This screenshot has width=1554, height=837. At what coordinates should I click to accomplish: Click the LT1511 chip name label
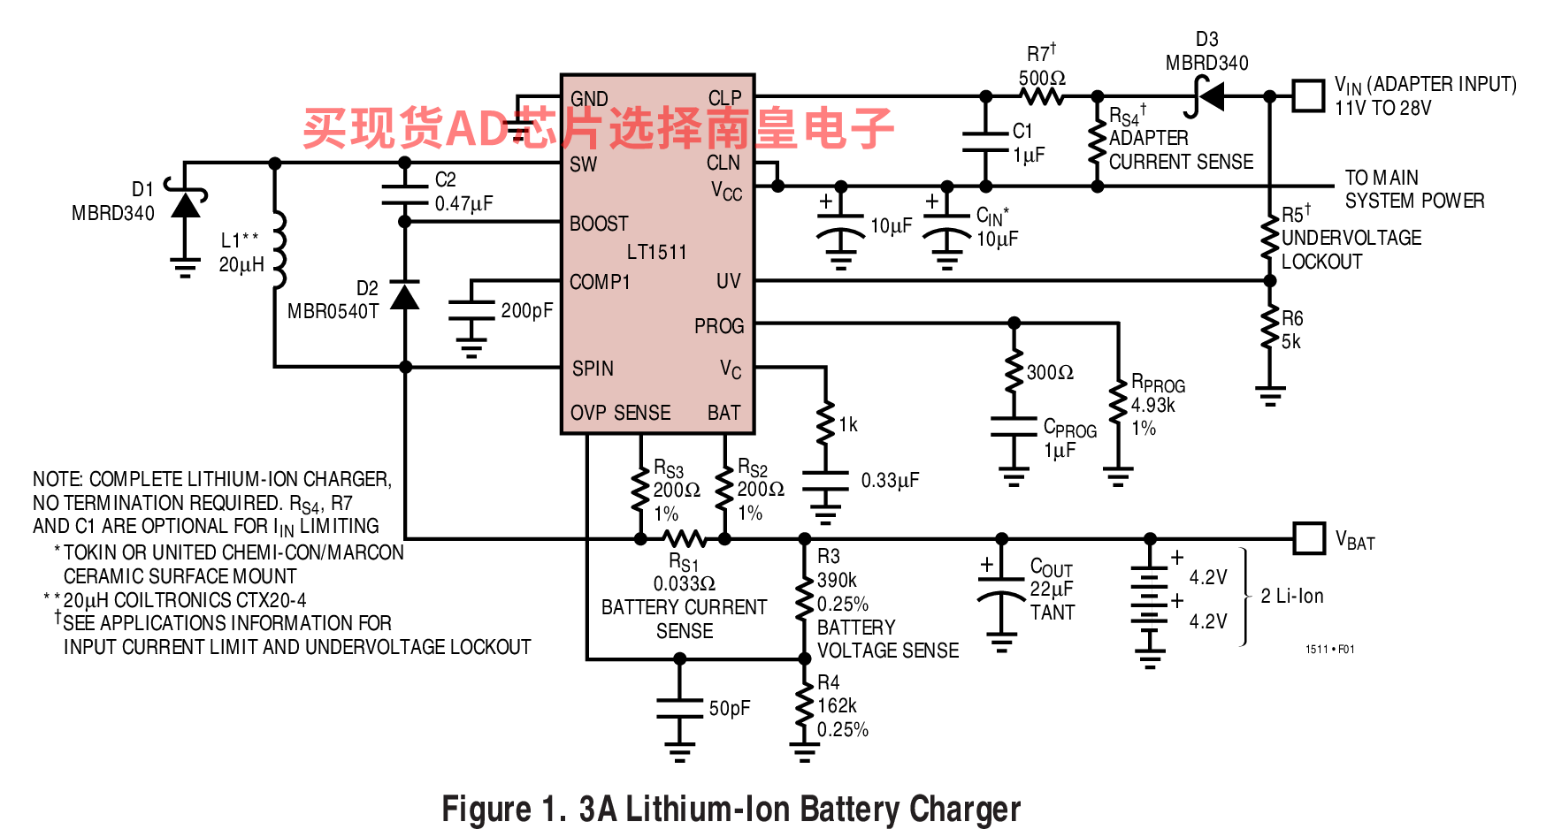pyautogui.click(x=656, y=252)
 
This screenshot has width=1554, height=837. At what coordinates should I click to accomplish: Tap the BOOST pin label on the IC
pyautogui.click(x=599, y=224)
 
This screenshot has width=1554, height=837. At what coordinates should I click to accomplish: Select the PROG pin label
pyautogui.click(x=718, y=326)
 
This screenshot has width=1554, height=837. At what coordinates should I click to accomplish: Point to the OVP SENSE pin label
pyautogui.click(x=620, y=413)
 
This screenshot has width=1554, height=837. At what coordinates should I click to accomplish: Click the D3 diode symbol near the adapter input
pyautogui.click(x=1208, y=96)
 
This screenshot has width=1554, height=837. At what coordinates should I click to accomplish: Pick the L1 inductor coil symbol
pyautogui.click(x=279, y=250)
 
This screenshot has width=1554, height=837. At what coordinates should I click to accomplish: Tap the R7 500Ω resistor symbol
pyautogui.click(x=1042, y=96)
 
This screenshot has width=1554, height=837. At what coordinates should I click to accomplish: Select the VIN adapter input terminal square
pyautogui.click(x=1308, y=96)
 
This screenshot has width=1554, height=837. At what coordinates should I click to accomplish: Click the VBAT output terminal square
pyautogui.click(x=1309, y=537)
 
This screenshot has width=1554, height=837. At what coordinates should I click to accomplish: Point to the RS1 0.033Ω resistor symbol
pyautogui.click(x=684, y=537)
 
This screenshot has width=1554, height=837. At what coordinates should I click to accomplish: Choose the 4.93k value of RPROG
pyautogui.click(x=1153, y=405)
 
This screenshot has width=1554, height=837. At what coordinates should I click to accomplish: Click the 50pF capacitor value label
pyautogui.click(x=730, y=708)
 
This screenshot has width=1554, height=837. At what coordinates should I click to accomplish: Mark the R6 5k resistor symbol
pyautogui.click(x=1270, y=328)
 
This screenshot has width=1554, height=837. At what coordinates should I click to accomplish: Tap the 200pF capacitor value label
pyautogui.click(x=527, y=310)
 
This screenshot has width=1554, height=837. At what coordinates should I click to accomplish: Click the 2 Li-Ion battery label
pyautogui.click(x=1292, y=596)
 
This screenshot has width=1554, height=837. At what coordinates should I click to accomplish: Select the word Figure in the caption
pyautogui.click(x=487, y=810)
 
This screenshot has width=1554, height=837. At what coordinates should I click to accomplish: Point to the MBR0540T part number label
pyautogui.click(x=333, y=311)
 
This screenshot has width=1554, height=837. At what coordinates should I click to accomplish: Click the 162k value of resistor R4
pyautogui.click(x=837, y=705)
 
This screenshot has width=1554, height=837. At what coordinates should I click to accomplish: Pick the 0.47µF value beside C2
pyautogui.click(x=463, y=203)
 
